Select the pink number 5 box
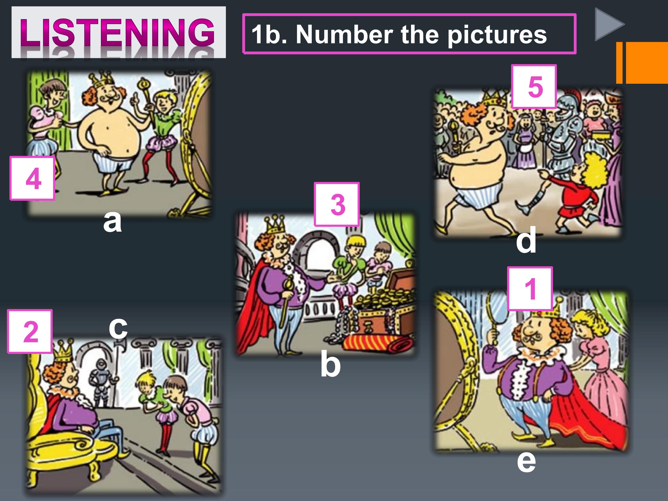coord(534,86)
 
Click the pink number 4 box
coord(32,178)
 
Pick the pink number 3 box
coord(337,204)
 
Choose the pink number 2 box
coord(30,331)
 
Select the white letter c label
coord(118,328)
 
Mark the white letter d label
coord(526,240)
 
